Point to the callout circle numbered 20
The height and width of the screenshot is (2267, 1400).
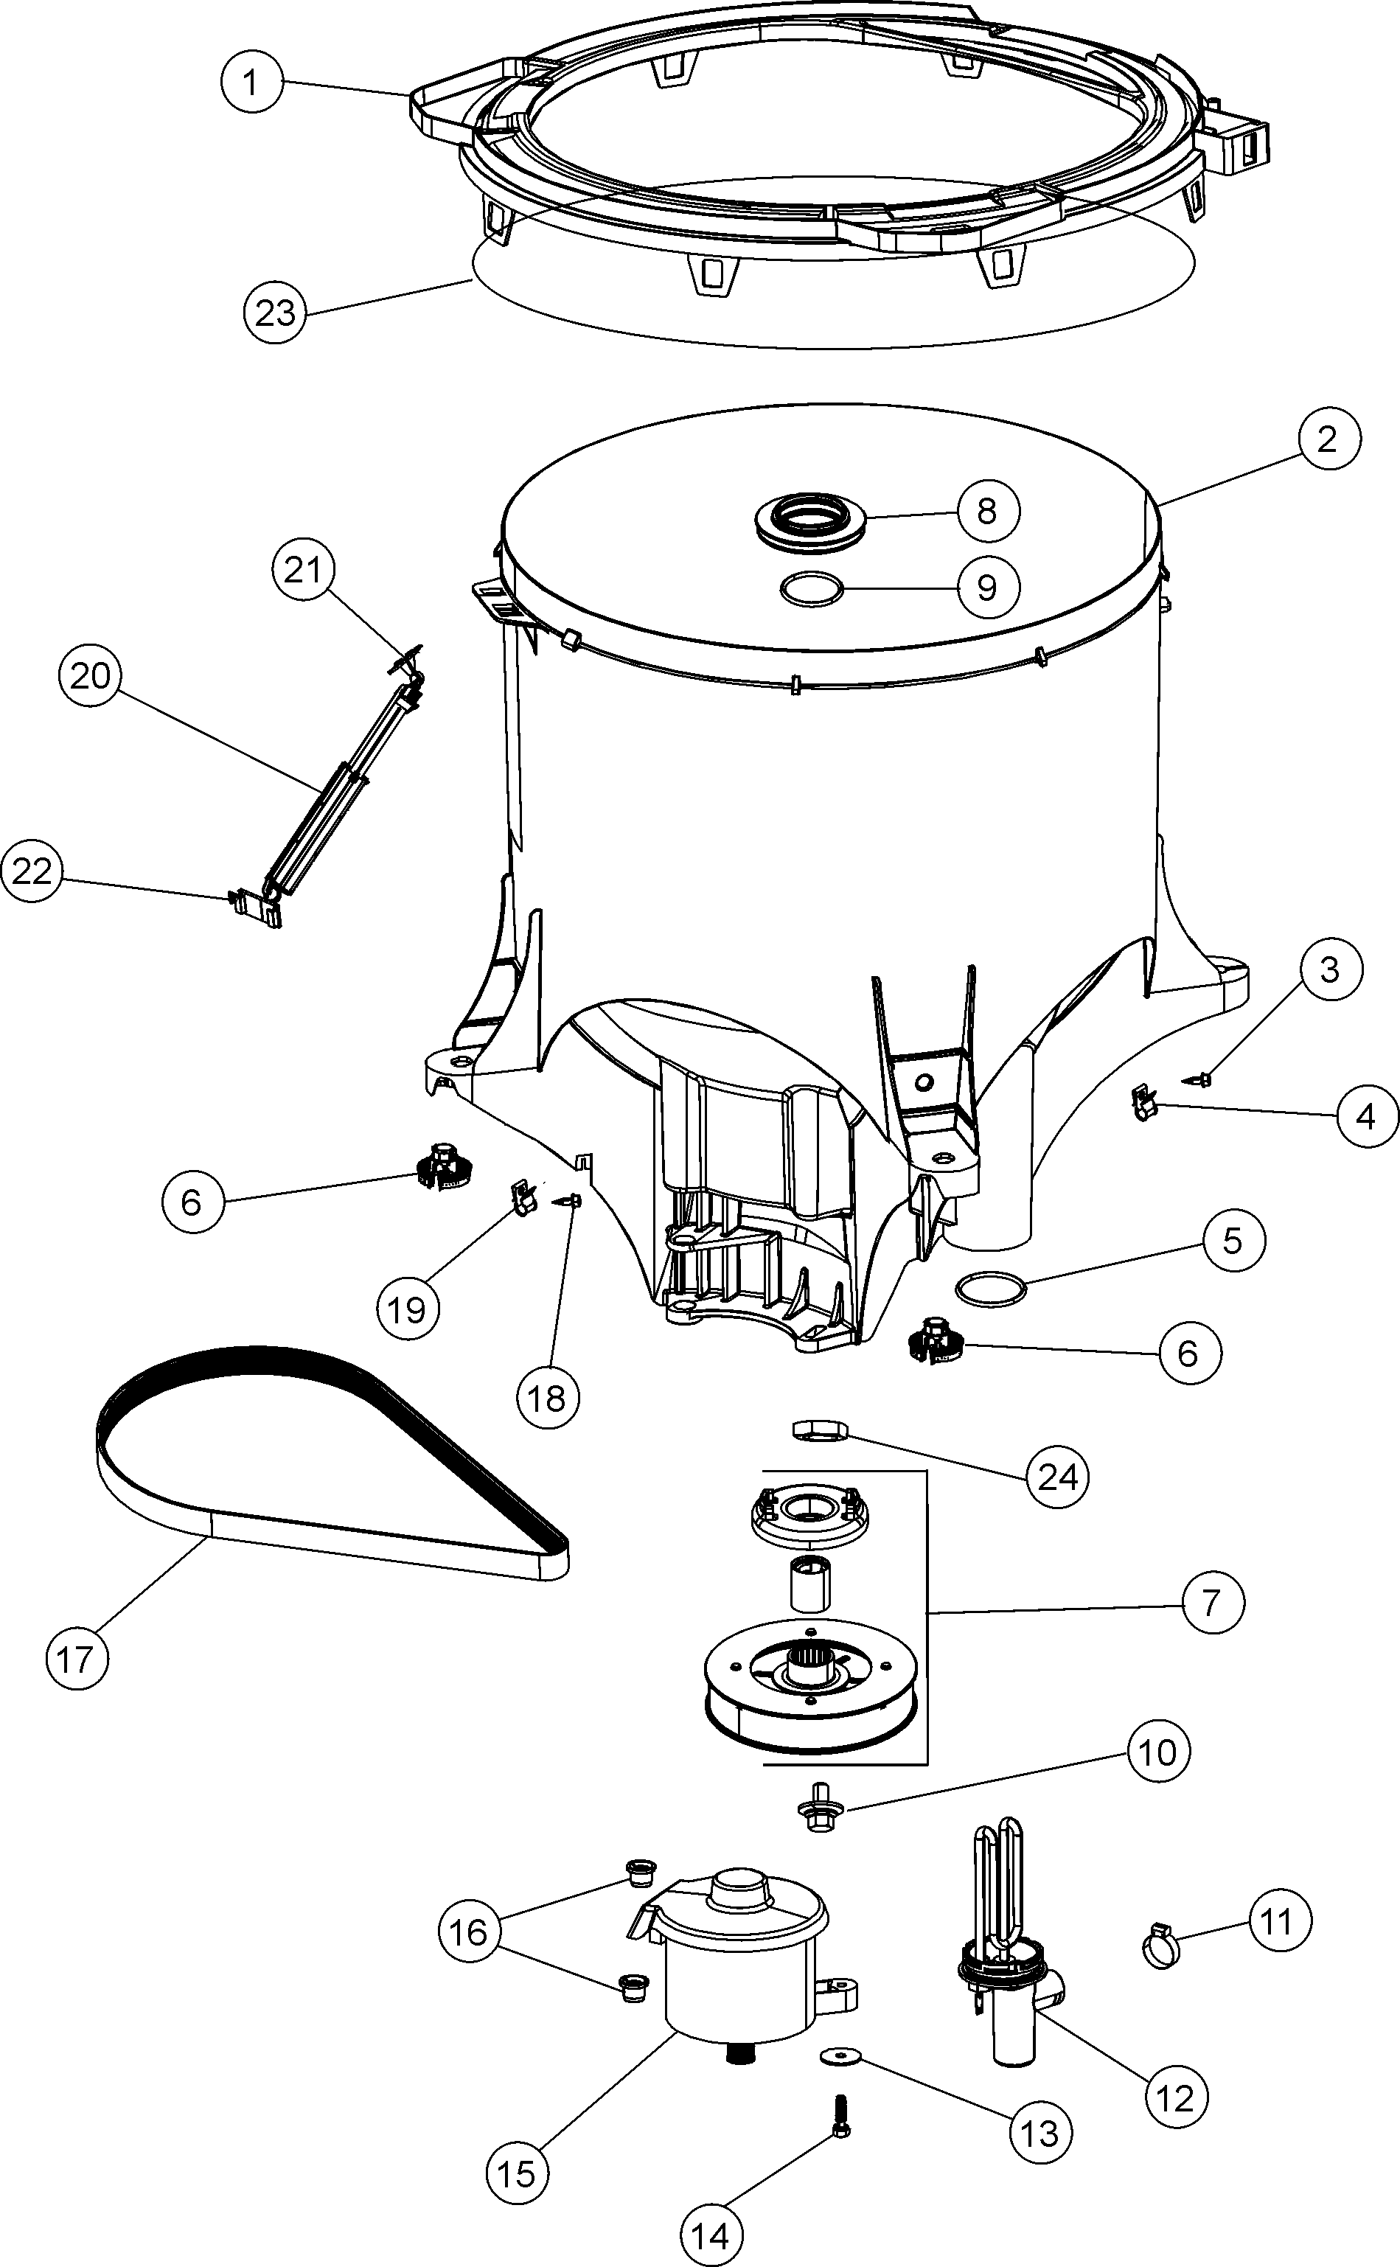90,677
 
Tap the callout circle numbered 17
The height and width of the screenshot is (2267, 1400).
77,1659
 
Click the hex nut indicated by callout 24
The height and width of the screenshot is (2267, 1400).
821,1430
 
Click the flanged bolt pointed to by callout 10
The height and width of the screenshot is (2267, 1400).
818,1807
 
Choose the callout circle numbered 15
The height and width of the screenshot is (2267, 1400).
517,2173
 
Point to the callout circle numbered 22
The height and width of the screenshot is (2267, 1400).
32,871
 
